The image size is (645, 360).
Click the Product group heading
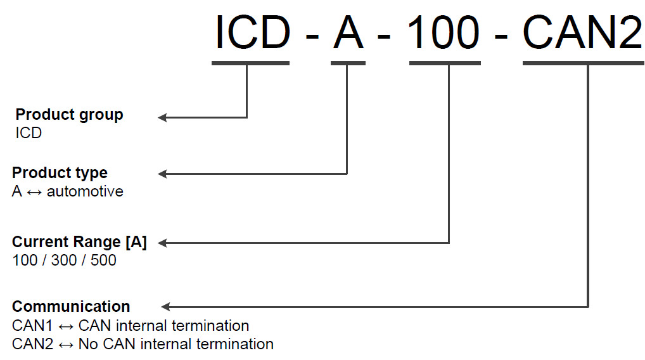[x=70, y=115]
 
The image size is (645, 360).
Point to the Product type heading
[x=60, y=172]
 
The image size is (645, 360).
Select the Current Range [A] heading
[x=79, y=242]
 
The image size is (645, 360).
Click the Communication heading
[x=71, y=307]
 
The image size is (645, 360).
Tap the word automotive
[x=85, y=191]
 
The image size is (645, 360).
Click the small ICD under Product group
[x=29, y=133]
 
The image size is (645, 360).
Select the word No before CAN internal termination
[x=87, y=344]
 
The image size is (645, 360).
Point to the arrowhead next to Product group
[x=162, y=117]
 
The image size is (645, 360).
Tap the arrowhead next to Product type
[x=162, y=174]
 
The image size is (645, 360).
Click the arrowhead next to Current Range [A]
[x=162, y=243]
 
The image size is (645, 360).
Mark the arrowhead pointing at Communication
[x=166, y=307]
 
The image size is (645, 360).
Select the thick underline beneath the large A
[x=348, y=63]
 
